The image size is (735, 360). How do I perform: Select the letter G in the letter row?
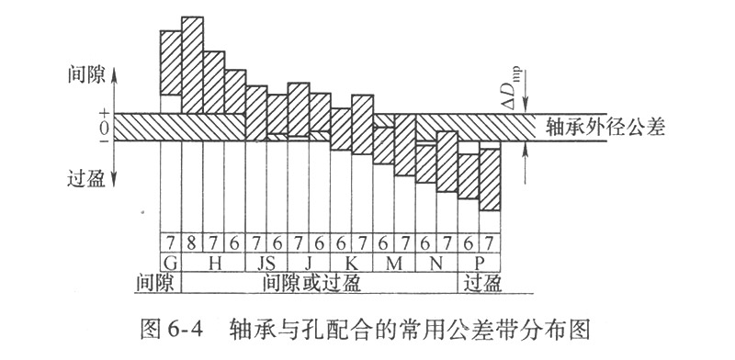click(169, 262)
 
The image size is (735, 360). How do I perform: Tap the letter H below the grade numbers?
click(212, 262)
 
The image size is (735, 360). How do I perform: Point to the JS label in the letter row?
click(266, 262)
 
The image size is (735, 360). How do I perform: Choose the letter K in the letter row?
click(352, 262)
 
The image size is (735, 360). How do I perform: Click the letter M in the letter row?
click(394, 262)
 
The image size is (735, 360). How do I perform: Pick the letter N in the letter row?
click(436, 262)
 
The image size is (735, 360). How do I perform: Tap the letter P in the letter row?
click(480, 262)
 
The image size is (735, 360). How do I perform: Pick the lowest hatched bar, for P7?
click(491, 178)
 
